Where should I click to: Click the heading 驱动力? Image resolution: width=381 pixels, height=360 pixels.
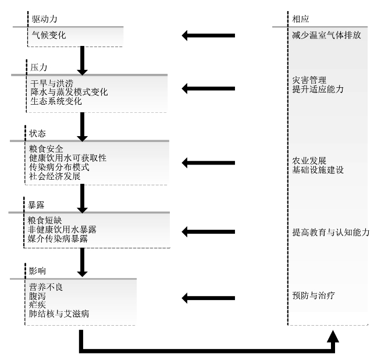[x=45, y=19]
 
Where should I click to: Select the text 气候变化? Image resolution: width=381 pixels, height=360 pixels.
[x=49, y=35]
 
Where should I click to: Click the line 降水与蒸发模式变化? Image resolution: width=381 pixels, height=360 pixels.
[x=69, y=92]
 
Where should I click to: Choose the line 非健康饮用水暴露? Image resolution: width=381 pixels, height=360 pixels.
[x=66, y=230]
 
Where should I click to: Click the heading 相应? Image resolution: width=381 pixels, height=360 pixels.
[x=301, y=19]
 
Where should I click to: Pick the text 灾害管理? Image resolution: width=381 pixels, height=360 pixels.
[x=309, y=80]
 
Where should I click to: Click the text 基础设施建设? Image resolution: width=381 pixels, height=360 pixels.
[x=318, y=170]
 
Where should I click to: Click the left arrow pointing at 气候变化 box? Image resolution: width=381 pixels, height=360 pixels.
[x=208, y=36]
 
